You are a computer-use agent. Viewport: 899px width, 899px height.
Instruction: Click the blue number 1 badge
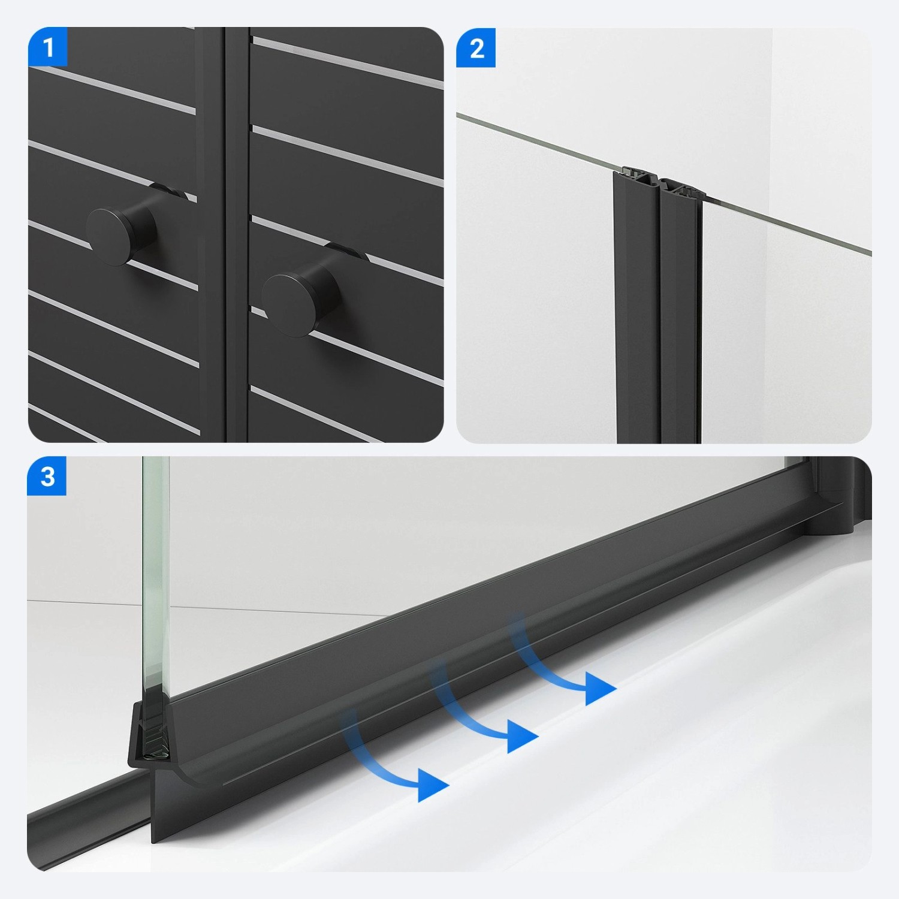pyautogui.click(x=48, y=47)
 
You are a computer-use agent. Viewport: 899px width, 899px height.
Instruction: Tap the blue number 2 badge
pyautogui.click(x=476, y=47)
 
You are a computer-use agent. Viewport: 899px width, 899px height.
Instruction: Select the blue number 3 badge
pyautogui.click(x=47, y=477)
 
